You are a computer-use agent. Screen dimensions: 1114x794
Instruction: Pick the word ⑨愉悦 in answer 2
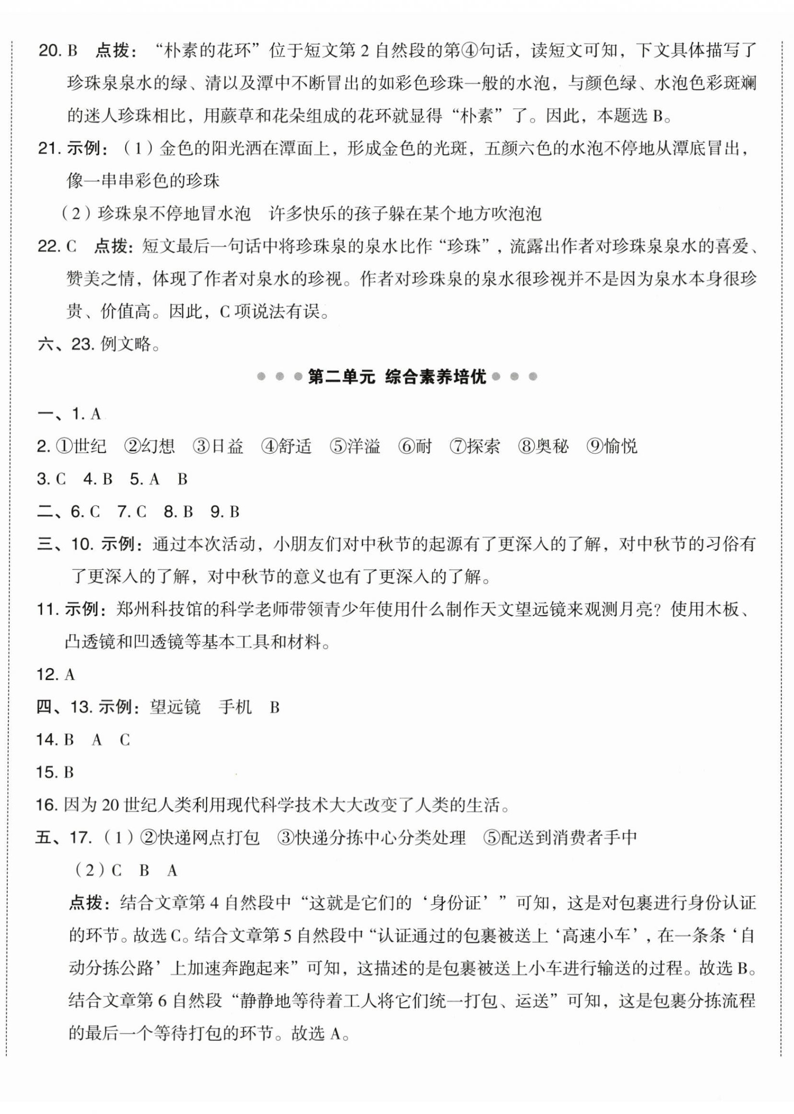pyautogui.click(x=612, y=446)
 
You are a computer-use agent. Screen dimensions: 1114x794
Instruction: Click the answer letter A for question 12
pyautogui.click(x=69, y=675)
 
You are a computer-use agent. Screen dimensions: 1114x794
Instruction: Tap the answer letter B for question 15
pyautogui.click(x=68, y=773)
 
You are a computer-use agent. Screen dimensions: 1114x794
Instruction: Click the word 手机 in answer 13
pyautogui.click(x=235, y=708)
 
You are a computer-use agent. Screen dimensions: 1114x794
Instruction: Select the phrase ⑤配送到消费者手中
pyautogui.click(x=560, y=838)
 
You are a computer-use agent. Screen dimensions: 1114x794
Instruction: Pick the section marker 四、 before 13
pyautogui.click(x=51, y=708)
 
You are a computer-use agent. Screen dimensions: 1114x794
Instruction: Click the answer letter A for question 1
pyautogui.click(x=95, y=414)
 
